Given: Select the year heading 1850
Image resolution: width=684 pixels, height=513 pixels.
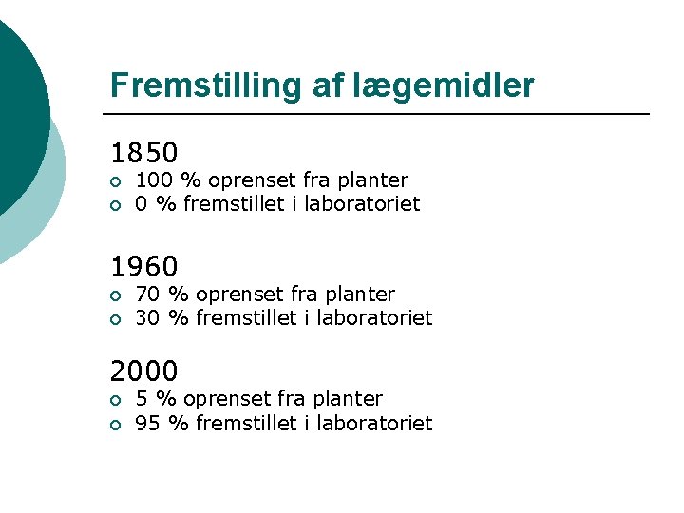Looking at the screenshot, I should [x=144, y=153].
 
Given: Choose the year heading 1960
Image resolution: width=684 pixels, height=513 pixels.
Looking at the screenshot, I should [x=144, y=267].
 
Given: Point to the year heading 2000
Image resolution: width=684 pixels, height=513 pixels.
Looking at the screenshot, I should [x=144, y=371].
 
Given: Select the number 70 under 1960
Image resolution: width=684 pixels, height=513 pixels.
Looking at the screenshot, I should [x=147, y=294].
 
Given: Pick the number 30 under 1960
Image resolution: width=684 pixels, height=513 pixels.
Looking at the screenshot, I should [x=147, y=318].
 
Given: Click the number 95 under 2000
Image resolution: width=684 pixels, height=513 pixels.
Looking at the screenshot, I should [x=147, y=423].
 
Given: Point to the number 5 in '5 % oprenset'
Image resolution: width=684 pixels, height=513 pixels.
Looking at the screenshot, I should [x=142, y=399].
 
